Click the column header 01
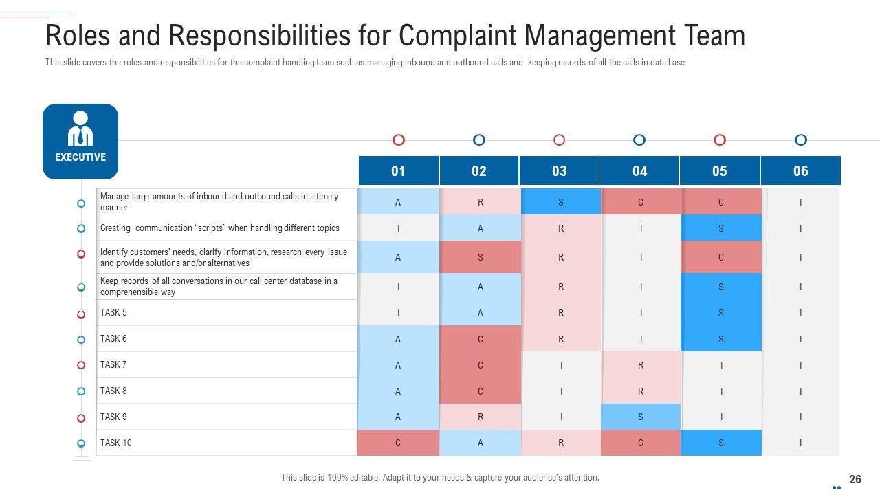(x=398, y=171)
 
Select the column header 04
(x=639, y=171)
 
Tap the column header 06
(x=800, y=171)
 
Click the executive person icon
(x=80, y=129)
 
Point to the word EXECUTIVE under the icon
(x=80, y=157)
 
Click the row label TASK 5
(x=113, y=312)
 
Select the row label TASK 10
(x=115, y=443)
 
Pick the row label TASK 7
(x=113, y=364)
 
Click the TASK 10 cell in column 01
(x=398, y=443)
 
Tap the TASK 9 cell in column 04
(x=640, y=417)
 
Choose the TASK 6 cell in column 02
(x=480, y=339)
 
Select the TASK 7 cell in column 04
(x=640, y=365)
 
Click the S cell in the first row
(x=560, y=202)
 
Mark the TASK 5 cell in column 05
(x=720, y=313)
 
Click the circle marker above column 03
(x=560, y=140)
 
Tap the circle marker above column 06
(x=800, y=140)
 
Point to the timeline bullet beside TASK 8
(x=81, y=391)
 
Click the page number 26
(x=855, y=479)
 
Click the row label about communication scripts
(x=219, y=228)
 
